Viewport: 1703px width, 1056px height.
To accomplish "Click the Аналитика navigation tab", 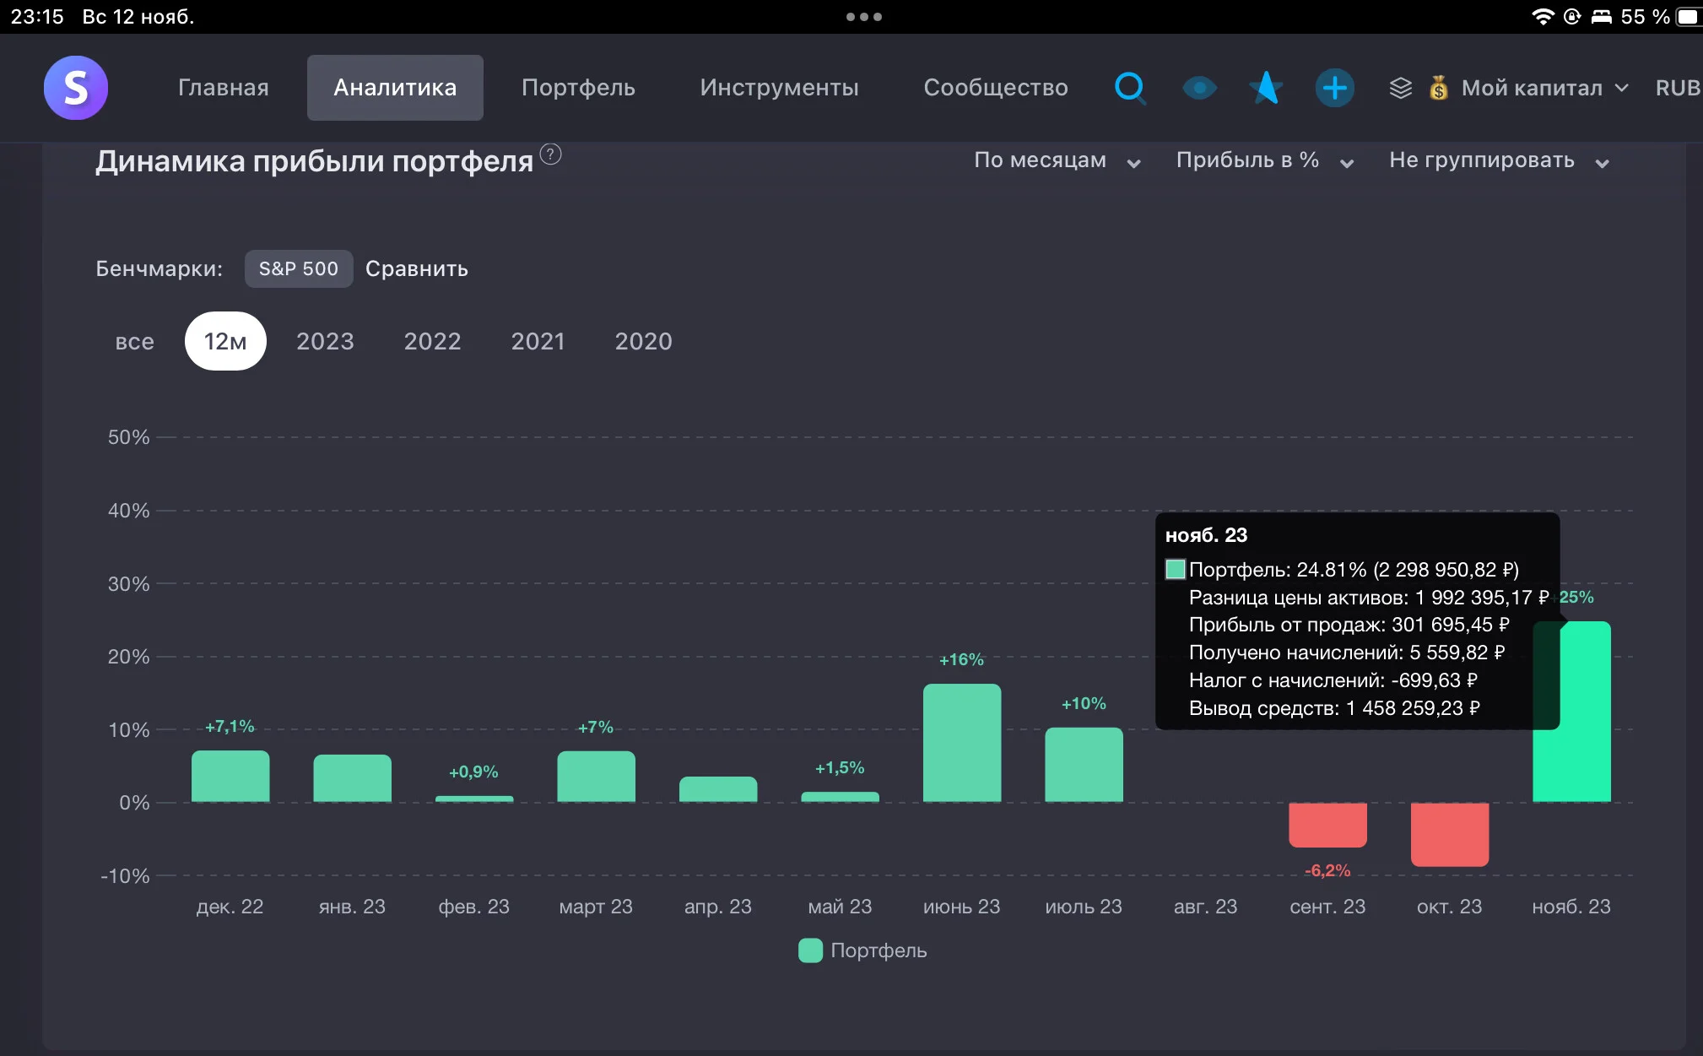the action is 395,88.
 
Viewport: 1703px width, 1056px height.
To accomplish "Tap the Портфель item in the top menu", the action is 578,88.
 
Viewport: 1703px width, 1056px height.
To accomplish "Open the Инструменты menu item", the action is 779,88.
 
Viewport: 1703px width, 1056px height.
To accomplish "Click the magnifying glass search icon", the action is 1130,88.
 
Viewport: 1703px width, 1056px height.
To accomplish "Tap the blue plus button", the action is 1334,88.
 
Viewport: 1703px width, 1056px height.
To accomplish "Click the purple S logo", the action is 76,88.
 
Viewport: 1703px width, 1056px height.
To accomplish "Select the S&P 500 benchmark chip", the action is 299,268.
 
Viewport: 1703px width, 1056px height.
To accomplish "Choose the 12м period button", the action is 225,341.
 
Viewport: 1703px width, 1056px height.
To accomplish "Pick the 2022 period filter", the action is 432,341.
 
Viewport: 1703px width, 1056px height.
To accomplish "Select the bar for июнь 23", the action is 962,743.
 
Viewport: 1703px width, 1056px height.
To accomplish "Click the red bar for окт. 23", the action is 1450,834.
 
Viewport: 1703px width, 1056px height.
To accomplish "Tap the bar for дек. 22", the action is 230,776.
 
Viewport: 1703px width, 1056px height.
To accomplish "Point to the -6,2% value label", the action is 1327,870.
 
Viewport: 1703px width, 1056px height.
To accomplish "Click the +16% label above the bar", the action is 961,659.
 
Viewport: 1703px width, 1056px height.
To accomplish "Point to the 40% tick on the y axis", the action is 128,511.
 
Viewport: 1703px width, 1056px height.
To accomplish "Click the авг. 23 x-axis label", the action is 1205,907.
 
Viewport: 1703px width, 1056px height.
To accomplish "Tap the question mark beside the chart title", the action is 550,154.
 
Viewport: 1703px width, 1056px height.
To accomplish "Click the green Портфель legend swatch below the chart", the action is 810,950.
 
